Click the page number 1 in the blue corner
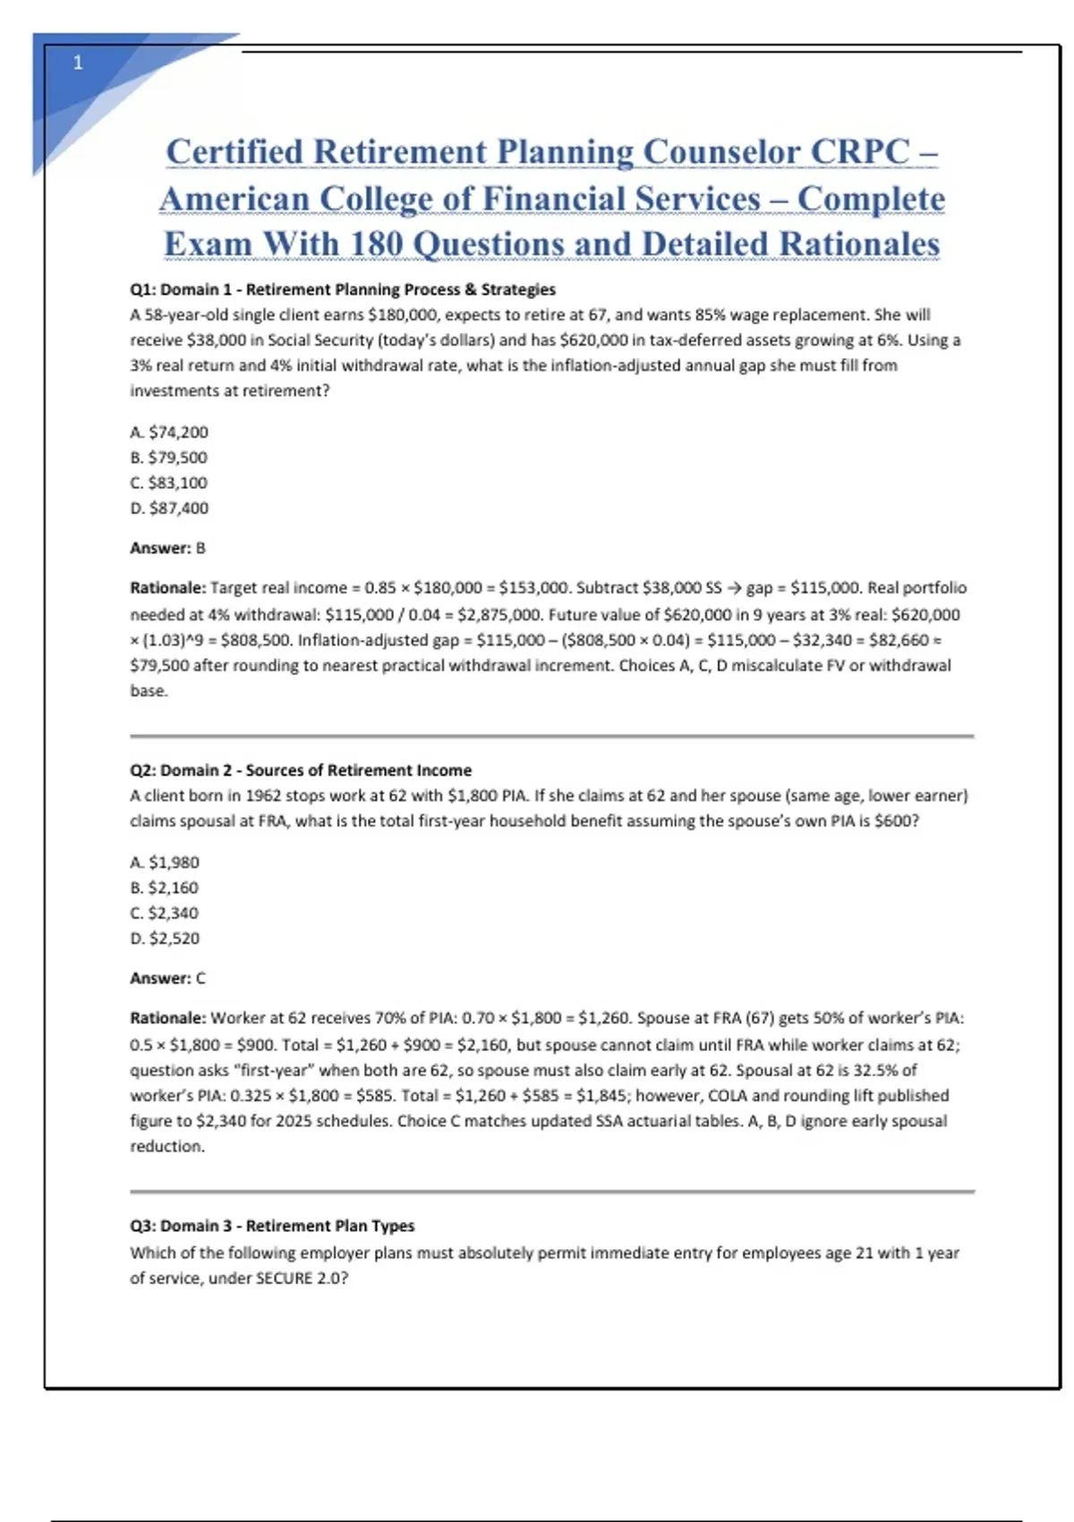pos(78,63)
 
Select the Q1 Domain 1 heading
pos(342,289)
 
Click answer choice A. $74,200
pos(169,432)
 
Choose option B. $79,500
pos(169,457)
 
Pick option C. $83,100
pos(169,483)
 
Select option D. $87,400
pos(169,508)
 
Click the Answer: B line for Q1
pos(167,548)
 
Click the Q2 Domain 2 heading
pos(300,770)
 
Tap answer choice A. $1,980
pos(165,862)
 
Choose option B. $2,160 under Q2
pos(165,887)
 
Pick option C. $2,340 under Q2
pos(165,913)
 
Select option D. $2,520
pos(165,938)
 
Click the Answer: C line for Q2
pos(167,979)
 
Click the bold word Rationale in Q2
pos(167,1018)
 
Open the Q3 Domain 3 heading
pos(272,1226)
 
